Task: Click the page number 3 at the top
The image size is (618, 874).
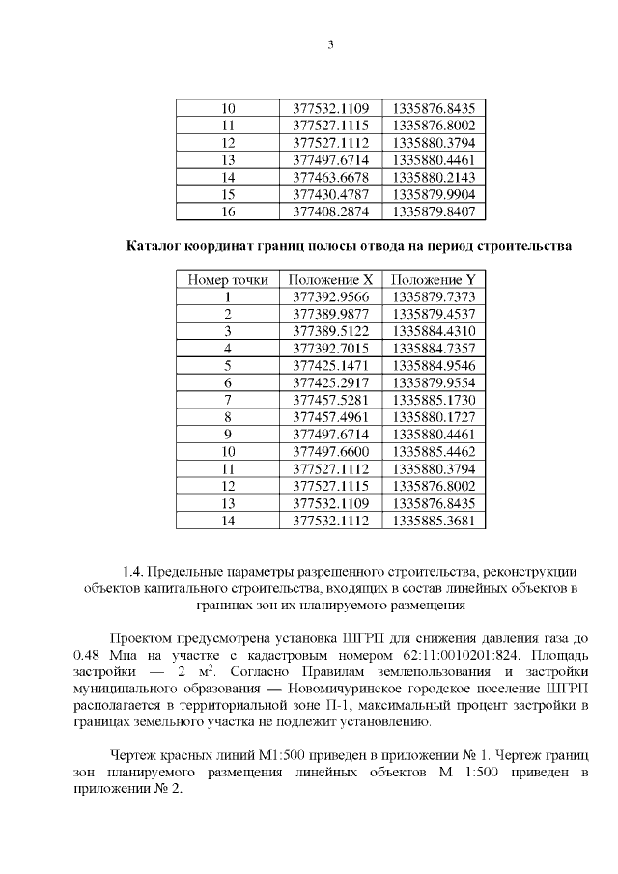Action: (x=330, y=45)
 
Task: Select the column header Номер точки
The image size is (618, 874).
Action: (x=228, y=279)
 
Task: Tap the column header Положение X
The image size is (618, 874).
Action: (x=330, y=279)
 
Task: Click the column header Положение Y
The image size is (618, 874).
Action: (x=435, y=279)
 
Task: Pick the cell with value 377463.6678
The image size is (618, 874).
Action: (x=330, y=177)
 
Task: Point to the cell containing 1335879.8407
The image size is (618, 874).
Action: (x=435, y=211)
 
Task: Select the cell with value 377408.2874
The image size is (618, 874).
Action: (x=330, y=211)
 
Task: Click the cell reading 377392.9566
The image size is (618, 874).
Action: (x=330, y=296)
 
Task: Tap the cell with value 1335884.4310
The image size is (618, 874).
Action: (x=435, y=330)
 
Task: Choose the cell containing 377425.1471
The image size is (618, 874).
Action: (x=330, y=365)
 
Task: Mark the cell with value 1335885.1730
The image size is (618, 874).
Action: (x=435, y=399)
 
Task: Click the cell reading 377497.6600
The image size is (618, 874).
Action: (x=330, y=451)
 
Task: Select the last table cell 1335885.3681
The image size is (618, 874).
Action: (x=435, y=521)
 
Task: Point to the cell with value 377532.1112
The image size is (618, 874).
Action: (x=330, y=521)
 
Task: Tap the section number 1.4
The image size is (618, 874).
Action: (x=132, y=571)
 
